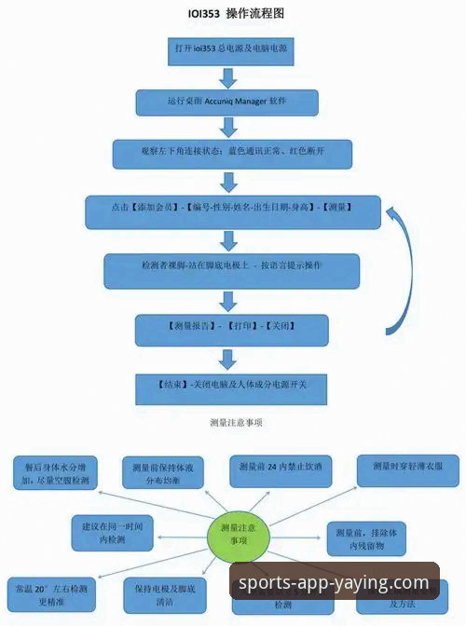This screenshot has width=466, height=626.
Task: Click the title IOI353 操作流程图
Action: coord(234,14)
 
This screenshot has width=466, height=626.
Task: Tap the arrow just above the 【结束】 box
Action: coord(226,358)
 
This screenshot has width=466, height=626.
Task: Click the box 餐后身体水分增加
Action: coord(50,473)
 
